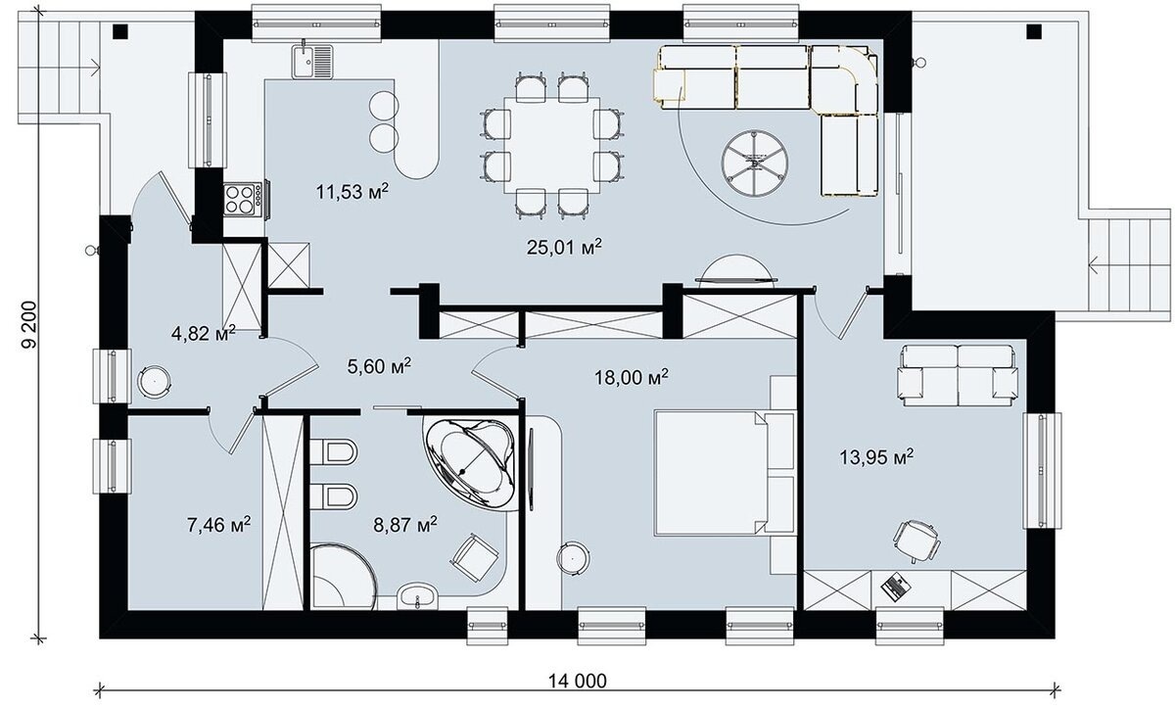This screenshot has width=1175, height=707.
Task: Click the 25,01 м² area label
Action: [x=564, y=247]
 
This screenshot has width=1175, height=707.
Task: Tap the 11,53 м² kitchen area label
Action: [x=352, y=192]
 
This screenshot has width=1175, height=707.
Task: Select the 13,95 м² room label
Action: [x=876, y=457]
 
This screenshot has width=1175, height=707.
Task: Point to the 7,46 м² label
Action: [x=218, y=524]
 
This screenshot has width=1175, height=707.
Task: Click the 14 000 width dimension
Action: [x=578, y=682]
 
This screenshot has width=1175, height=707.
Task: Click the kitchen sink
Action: [x=312, y=62]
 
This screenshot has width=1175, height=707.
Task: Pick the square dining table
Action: [x=552, y=145]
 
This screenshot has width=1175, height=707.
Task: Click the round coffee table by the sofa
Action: [x=754, y=164]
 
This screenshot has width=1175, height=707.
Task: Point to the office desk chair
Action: [x=916, y=542]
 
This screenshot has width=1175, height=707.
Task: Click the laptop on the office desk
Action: [x=896, y=586]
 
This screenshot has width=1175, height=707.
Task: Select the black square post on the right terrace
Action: [x=1034, y=32]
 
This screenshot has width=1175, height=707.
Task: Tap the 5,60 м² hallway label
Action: [x=379, y=366]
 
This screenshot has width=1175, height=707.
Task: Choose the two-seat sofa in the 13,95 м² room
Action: [x=958, y=375]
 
